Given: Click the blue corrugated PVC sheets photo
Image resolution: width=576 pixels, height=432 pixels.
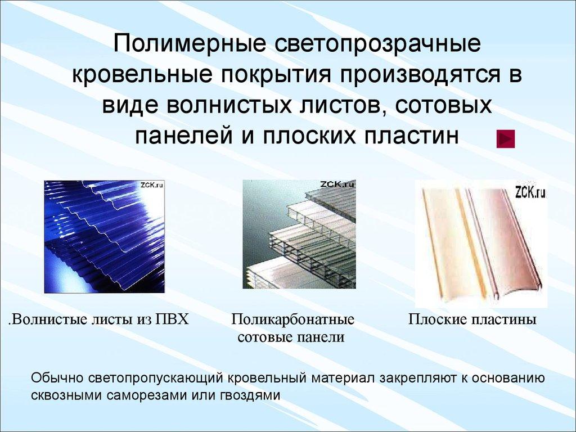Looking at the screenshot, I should click(105, 236).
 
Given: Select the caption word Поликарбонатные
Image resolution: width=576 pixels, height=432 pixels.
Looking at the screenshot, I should click(292, 320).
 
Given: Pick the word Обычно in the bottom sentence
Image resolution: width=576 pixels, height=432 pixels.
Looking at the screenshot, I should click(58, 377).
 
